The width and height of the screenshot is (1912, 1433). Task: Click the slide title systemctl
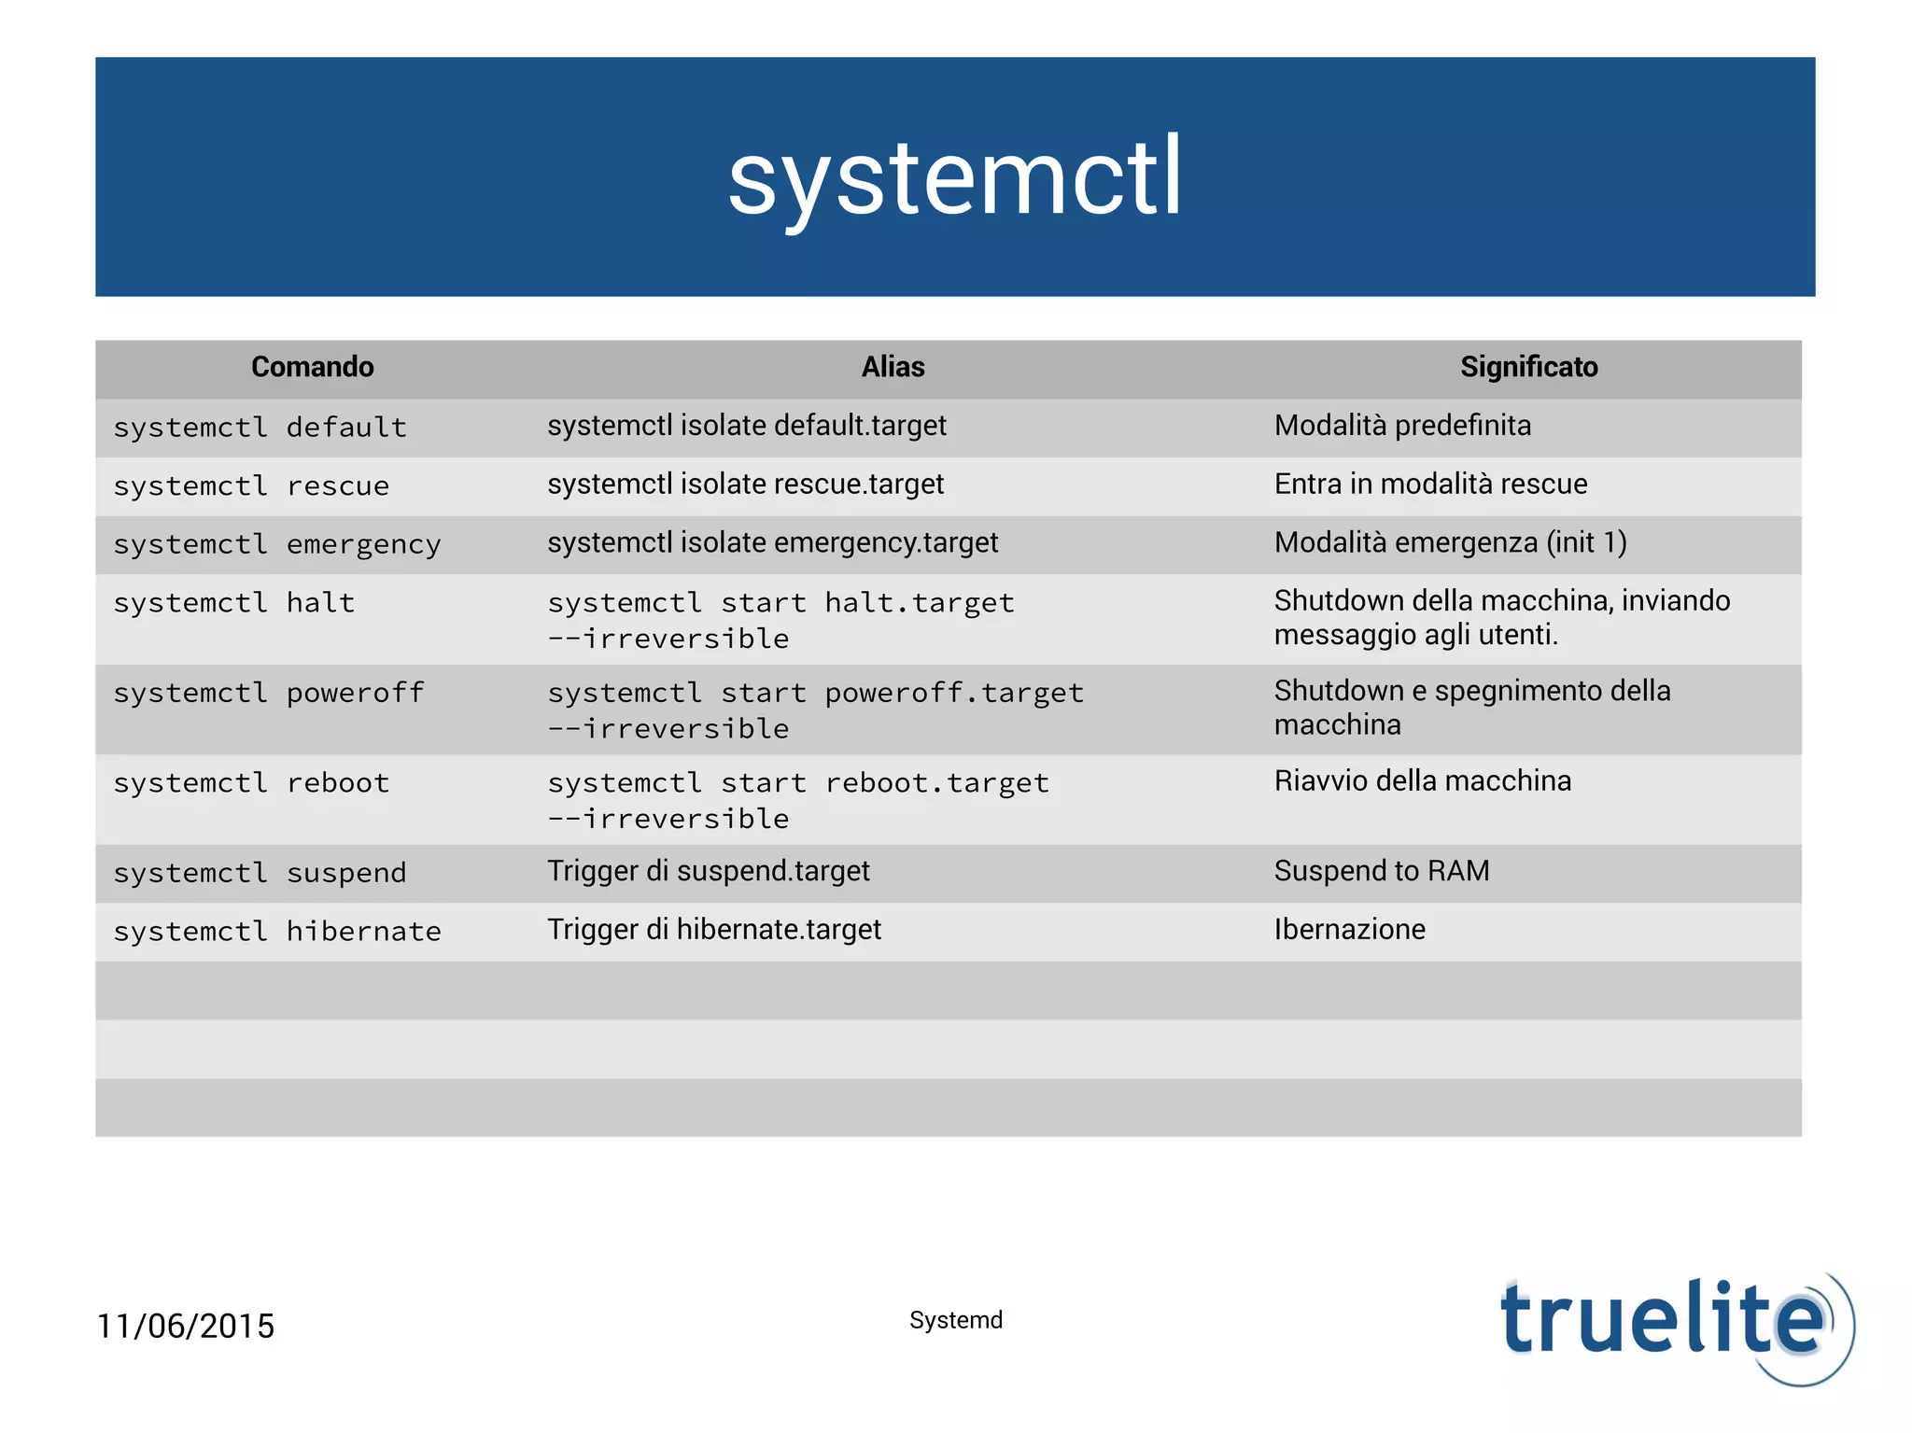pos(955,177)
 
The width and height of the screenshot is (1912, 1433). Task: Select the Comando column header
pos(312,367)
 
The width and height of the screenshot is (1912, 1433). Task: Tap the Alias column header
pos(893,367)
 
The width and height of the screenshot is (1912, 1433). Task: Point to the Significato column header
pos(1528,367)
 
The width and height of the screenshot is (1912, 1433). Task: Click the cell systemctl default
pos(260,428)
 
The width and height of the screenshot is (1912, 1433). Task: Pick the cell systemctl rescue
pos(251,485)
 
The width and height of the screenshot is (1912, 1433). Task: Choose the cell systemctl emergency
pos(277,544)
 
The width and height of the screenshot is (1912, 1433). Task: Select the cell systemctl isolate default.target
pos(747,426)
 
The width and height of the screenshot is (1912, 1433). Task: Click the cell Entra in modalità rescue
pos(1430,484)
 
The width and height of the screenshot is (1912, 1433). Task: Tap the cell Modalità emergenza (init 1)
pos(1450,542)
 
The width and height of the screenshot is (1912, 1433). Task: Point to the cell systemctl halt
pos(234,603)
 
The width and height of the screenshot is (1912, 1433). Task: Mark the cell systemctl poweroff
pos(269,693)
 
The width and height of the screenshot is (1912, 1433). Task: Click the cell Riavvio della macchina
pos(1422,780)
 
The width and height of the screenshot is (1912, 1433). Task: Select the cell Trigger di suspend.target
pos(708,871)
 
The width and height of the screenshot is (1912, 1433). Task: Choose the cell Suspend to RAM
pos(1381,871)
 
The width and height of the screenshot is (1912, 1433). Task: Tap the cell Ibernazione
pos(1349,930)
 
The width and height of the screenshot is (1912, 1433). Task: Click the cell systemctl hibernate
pos(277,932)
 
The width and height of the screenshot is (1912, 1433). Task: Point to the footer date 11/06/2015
pos(186,1326)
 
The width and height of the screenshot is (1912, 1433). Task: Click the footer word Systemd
pos(956,1320)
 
